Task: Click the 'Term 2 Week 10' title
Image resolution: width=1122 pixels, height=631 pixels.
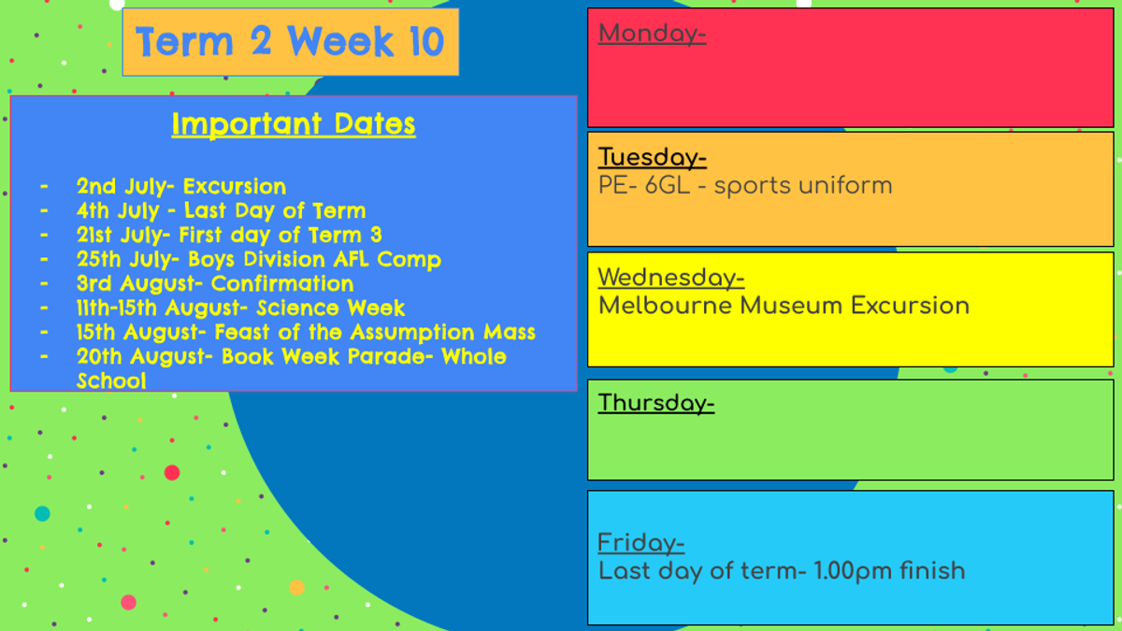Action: pyautogui.click(x=290, y=41)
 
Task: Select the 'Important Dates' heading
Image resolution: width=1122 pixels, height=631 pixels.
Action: pyautogui.click(x=294, y=123)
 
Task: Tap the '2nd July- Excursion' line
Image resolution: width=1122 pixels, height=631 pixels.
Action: pyautogui.click(x=181, y=186)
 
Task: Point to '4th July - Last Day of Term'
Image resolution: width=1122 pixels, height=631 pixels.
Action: pyautogui.click(x=221, y=210)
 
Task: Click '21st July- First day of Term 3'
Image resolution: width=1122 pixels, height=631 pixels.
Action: pyautogui.click(x=229, y=235)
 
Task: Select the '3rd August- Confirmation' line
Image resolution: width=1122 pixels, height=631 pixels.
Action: pyautogui.click(x=215, y=283)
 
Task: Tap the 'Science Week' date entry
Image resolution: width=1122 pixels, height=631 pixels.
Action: pyautogui.click(x=240, y=308)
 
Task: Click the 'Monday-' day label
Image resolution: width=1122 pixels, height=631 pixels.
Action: pyautogui.click(x=653, y=34)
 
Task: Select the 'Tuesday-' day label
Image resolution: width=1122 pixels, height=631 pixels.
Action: pyautogui.click(x=653, y=157)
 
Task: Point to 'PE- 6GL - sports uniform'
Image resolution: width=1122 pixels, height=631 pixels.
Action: pyautogui.click(x=745, y=186)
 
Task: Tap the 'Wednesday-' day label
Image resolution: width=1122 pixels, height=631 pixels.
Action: pyautogui.click(x=671, y=278)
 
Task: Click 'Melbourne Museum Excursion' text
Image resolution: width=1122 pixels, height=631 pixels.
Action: pyautogui.click(x=784, y=306)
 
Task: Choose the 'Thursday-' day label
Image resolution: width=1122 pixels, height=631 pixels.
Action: pyautogui.click(x=656, y=403)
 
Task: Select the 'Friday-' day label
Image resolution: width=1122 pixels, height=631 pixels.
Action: pyautogui.click(x=641, y=543)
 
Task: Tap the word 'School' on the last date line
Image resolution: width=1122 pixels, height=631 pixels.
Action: pyautogui.click(x=111, y=380)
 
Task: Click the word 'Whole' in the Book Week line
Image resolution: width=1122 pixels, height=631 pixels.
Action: pyautogui.click(x=474, y=356)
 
